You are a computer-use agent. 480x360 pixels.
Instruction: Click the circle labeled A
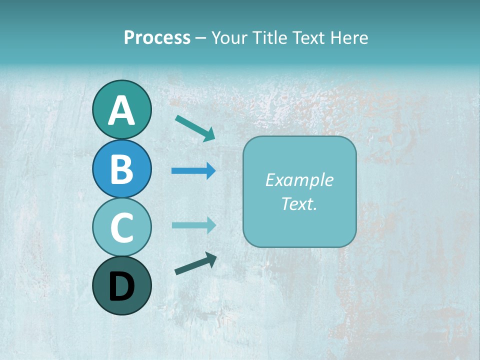point(121,109)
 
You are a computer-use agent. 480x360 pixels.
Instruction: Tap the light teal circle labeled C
point(121,227)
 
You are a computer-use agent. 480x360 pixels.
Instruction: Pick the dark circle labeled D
point(121,285)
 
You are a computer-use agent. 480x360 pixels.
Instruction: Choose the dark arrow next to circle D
point(195,264)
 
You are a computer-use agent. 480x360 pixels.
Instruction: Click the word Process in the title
point(157,37)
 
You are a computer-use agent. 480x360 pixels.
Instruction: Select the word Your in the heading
point(227,37)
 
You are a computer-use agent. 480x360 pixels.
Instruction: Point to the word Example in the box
point(299,180)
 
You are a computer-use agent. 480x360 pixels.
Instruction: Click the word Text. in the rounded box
point(299,204)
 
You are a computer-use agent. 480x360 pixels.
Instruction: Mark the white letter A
point(121,110)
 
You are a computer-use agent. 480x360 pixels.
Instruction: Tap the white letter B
point(121,169)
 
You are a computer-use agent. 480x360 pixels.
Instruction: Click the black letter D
point(121,286)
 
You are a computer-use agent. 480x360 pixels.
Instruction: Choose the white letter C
point(121,227)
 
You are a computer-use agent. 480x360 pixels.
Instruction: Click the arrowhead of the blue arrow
point(211,171)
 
